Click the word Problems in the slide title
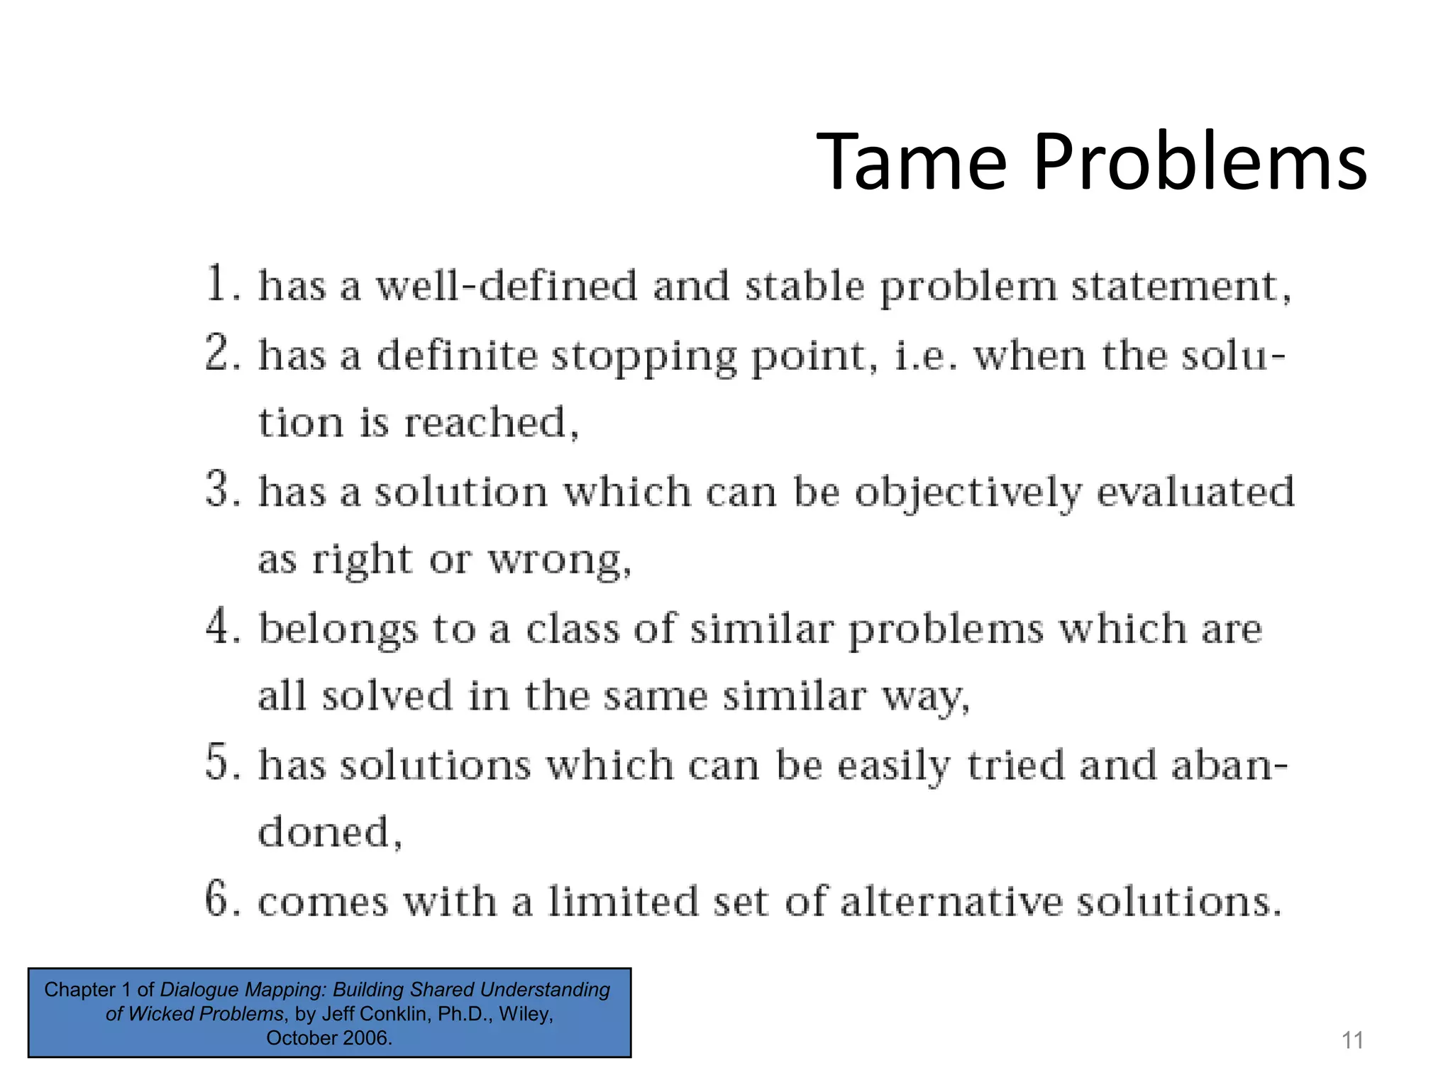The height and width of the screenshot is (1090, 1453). point(1200,163)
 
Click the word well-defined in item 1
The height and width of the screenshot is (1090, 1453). point(506,286)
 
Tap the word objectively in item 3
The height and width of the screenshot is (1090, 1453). point(968,492)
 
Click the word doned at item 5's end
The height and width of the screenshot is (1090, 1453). point(324,832)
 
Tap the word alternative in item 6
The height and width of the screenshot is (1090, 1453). point(951,901)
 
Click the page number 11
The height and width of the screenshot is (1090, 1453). point(1352,1040)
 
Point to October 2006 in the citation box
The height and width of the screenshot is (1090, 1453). point(328,1037)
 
